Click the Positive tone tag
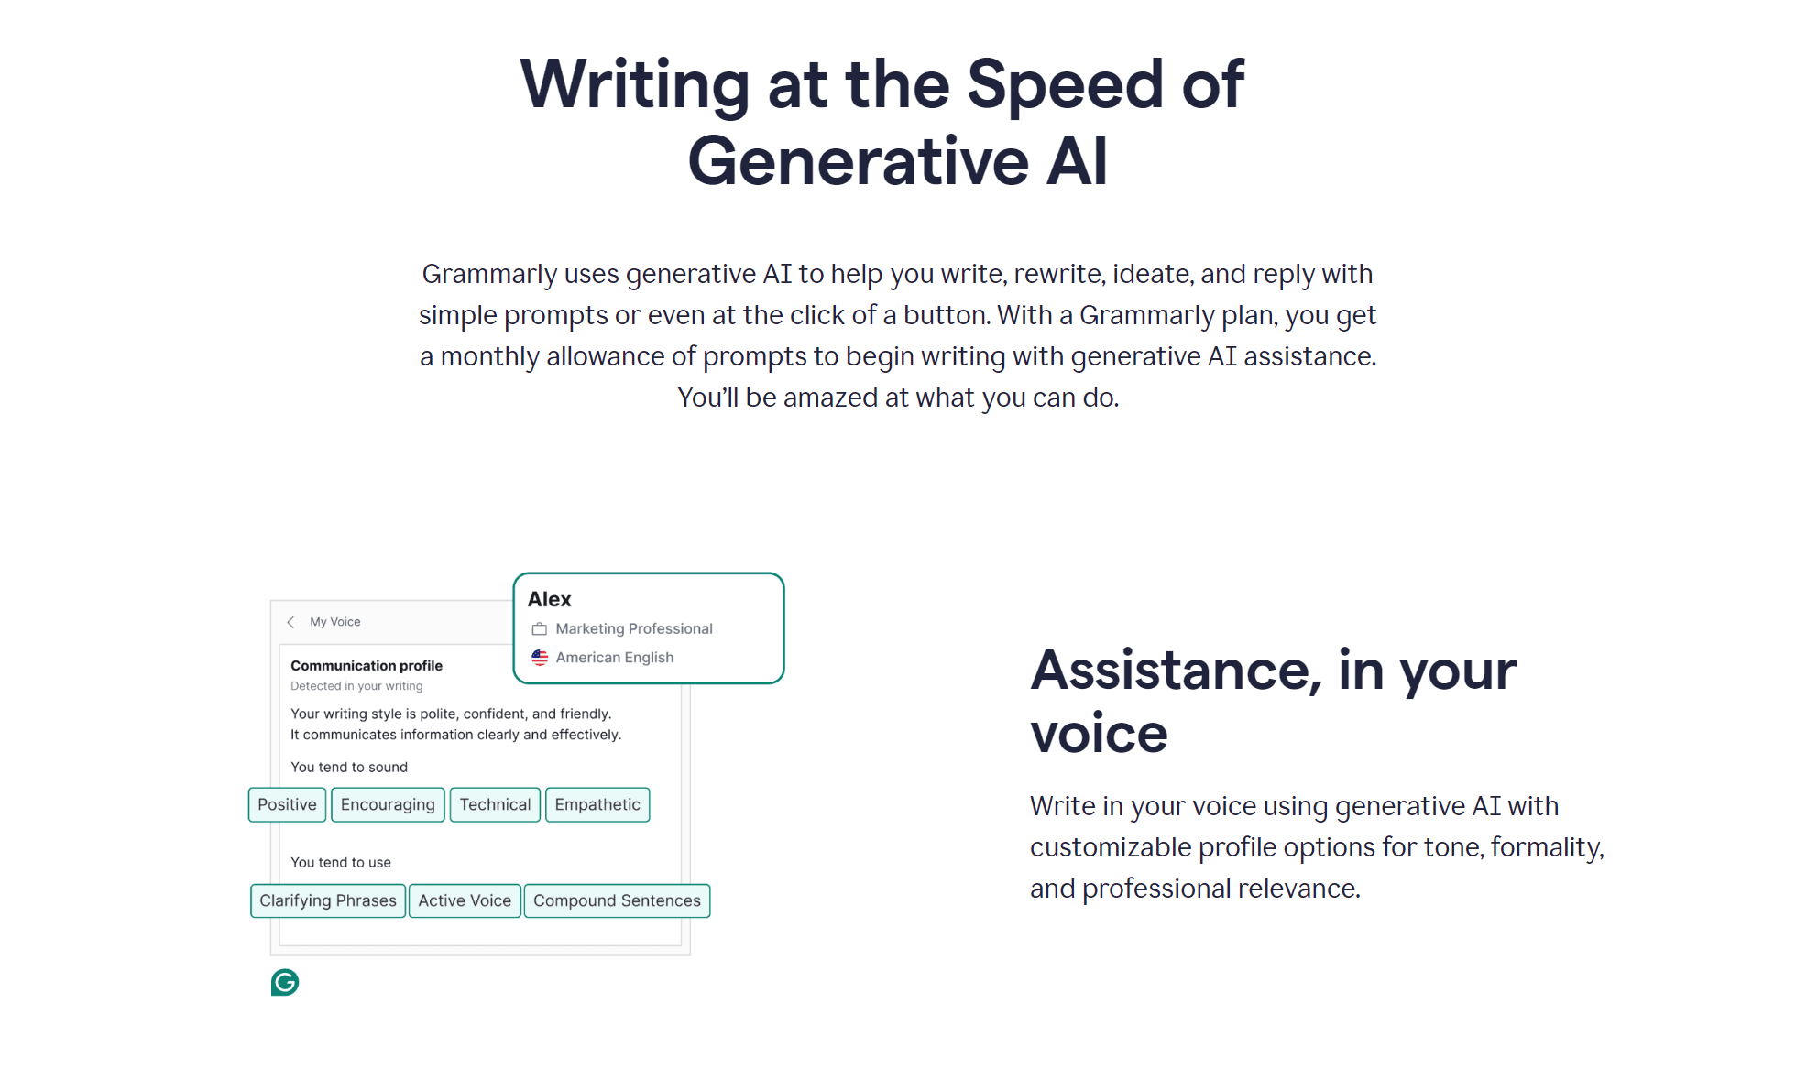point(287,804)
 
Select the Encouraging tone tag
point(388,804)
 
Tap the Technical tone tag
point(495,804)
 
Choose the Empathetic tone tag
point(597,804)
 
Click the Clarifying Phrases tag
point(328,900)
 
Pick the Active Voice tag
point(465,900)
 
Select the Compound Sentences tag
point(617,900)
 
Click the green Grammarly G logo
point(285,982)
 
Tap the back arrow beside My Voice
point(290,622)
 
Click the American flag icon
point(540,658)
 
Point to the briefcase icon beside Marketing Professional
point(540,628)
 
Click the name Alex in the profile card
point(549,599)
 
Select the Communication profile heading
point(367,666)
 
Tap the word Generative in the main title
point(858,161)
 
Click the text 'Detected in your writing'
point(356,686)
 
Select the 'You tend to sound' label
point(349,767)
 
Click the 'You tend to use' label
point(341,862)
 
